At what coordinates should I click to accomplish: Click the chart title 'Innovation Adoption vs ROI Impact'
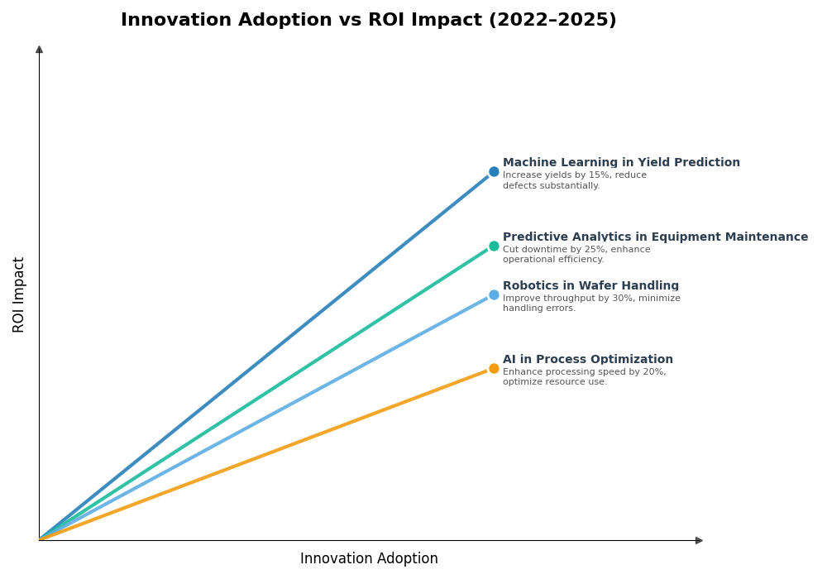click(368, 21)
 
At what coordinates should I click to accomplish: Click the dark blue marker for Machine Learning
click(494, 172)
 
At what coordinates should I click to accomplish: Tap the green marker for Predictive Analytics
click(494, 246)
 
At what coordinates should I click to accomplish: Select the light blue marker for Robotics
click(494, 294)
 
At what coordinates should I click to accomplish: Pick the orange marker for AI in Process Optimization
click(494, 368)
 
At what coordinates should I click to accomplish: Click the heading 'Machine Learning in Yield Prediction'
click(621, 163)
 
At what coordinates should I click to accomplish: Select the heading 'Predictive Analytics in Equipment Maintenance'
click(655, 237)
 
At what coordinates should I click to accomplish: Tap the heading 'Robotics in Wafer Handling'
click(590, 286)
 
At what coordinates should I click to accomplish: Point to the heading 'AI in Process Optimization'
click(587, 360)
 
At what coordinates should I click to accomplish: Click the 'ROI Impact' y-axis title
click(19, 294)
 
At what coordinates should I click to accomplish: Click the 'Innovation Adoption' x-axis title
click(369, 559)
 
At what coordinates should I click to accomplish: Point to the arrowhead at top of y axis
click(39, 50)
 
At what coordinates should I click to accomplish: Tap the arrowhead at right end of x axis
click(699, 540)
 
